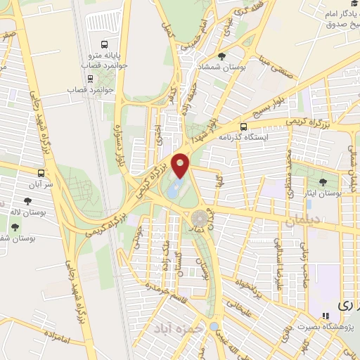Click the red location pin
181,165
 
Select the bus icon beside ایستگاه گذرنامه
243,127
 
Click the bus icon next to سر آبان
41,172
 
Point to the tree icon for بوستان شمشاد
222,56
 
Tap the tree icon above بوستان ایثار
323,182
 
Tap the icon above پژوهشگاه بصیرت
325,316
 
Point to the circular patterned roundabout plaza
200,217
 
